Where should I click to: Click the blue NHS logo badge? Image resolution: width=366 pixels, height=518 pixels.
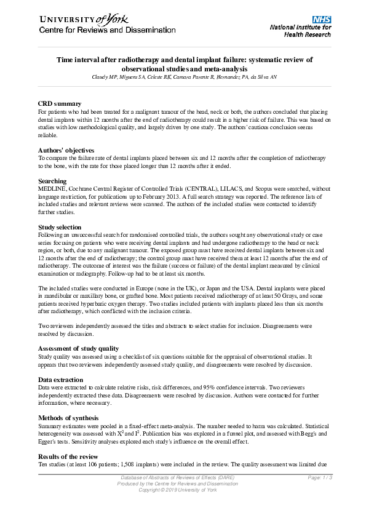[x=322, y=20]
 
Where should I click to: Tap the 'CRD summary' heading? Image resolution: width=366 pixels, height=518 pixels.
[x=59, y=103]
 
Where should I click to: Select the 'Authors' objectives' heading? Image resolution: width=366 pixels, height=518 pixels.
[x=66, y=150]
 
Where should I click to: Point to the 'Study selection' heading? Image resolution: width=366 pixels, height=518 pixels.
[x=60, y=228]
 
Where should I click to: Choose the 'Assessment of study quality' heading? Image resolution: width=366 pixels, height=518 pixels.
[x=79, y=349]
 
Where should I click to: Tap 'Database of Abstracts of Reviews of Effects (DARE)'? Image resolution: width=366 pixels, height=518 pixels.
[x=177, y=478]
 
